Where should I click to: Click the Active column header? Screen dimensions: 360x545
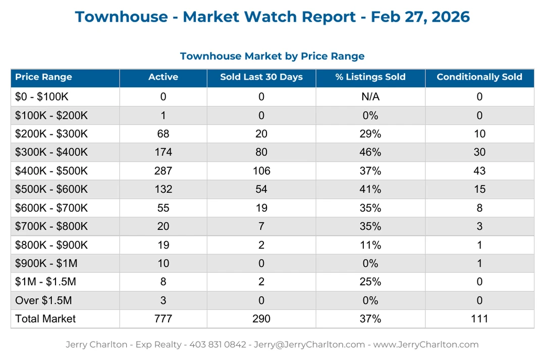(x=163, y=77)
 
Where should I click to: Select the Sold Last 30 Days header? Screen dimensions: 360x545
(x=261, y=77)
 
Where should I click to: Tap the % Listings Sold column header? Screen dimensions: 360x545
(x=370, y=77)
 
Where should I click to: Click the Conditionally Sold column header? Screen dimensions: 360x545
(x=479, y=77)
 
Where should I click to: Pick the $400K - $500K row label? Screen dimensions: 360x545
(x=51, y=171)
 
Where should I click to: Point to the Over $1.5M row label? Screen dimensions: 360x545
(x=43, y=301)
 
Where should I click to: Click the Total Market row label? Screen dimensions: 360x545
(x=45, y=319)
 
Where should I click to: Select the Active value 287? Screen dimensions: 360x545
(x=163, y=171)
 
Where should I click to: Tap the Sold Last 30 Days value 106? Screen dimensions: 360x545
(x=261, y=171)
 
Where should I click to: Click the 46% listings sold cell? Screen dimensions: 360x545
(x=370, y=152)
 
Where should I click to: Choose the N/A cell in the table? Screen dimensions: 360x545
(x=370, y=97)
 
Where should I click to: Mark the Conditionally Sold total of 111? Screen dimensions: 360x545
(x=479, y=319)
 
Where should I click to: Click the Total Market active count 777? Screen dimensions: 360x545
(x=163, y=319)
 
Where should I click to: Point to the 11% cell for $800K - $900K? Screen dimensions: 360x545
(x=370, y=245)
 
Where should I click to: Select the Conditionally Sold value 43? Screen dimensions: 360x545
(x=479, y=171)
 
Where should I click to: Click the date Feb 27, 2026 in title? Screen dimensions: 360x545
(x=420, y=17)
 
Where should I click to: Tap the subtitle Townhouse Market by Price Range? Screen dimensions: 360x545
(x=272, y=56)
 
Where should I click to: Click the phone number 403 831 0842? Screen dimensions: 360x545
(x=217, y=345)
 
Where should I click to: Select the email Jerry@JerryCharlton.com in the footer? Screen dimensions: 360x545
(x=309, y=345)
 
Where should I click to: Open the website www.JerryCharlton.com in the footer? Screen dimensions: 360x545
(x=426, y=345)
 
